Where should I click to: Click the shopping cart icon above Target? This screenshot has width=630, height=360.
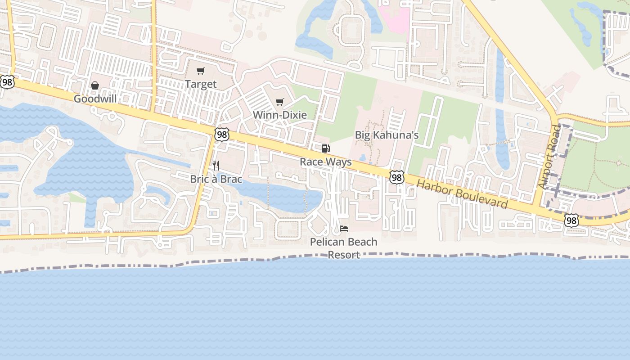(201, 71)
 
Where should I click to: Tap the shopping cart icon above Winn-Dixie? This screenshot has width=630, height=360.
(279, 102)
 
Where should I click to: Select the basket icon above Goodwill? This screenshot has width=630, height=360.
(95, 85)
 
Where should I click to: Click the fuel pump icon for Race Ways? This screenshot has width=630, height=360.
(325, 148)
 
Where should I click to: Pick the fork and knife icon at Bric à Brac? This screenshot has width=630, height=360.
(216, 166)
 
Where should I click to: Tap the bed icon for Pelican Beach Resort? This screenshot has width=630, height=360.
(344, 229)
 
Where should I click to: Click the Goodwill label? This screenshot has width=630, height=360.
(95, 99)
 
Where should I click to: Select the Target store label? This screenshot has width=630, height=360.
(201, 84)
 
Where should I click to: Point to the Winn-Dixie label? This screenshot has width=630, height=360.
(279, 115)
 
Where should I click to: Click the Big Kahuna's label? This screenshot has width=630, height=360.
(387, 135)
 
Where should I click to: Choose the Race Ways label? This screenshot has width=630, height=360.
(325, 162)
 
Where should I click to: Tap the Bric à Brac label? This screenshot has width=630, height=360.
(216, 179)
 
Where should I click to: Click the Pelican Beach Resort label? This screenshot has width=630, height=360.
(344, 248)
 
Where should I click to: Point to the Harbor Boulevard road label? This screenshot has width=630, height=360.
(462, 194)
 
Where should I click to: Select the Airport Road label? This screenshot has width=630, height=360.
(549, 157)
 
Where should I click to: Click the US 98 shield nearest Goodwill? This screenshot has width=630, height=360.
(7, 82)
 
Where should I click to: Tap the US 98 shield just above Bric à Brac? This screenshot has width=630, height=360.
(221, 135)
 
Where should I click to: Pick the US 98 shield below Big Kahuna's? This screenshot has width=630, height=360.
(396, 177)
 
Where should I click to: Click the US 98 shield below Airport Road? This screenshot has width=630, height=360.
(571, 220)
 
